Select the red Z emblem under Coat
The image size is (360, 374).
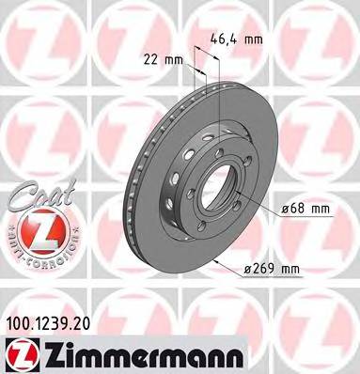click(35, 225)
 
